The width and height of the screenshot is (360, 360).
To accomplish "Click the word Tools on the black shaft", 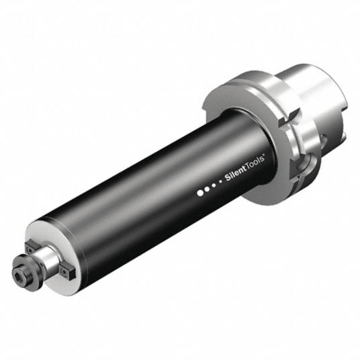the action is (x=255, y=163).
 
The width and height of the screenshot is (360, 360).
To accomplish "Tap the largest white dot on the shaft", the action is (x=200, y=193).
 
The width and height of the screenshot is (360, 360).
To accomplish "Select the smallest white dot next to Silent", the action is (x=220, y=181).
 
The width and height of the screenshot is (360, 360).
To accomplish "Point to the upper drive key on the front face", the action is (x=30, y=246).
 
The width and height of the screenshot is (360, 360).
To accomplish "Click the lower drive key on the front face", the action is (x=66, y=272).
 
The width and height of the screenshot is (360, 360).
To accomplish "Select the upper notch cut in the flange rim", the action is (x=289, y=118).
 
